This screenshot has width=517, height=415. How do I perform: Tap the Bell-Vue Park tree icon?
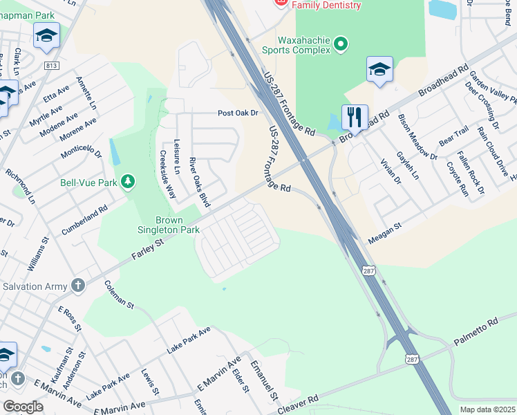127,182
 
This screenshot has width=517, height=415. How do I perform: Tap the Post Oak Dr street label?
238,113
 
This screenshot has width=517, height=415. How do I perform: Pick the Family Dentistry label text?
326,5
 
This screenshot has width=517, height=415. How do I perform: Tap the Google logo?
23,407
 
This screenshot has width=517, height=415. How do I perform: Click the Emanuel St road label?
264,380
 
